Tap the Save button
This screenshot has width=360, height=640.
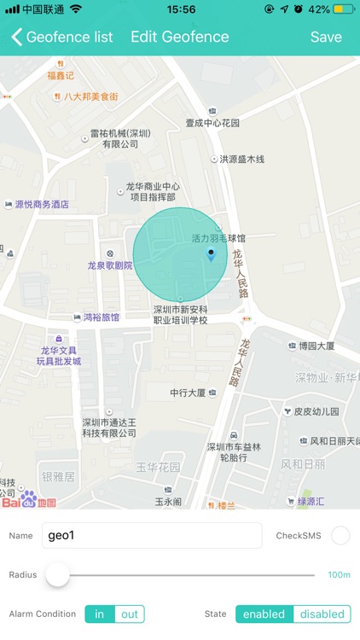click(326, 37)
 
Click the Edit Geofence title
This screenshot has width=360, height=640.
click(179, 37)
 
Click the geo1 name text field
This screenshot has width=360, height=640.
click(151, 536)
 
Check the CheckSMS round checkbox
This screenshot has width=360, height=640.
click(340, 536)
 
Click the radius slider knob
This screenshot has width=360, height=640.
click(58, 574)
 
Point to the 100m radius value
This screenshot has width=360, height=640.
click(340, 574)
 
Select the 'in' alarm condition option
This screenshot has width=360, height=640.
click(100, 614)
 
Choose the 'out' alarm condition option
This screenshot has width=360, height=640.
click(130, 614)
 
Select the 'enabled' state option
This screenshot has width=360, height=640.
click(264, 614)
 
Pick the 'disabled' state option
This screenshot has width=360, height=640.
click(322, 614)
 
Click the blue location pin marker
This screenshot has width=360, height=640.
click(212, 254)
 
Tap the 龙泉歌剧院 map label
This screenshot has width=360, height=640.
click(115, 265)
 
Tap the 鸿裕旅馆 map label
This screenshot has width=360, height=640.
click(101, 317)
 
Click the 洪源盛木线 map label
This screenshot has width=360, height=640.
click(241, 159)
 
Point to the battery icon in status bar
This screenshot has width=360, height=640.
click(344, 9)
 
